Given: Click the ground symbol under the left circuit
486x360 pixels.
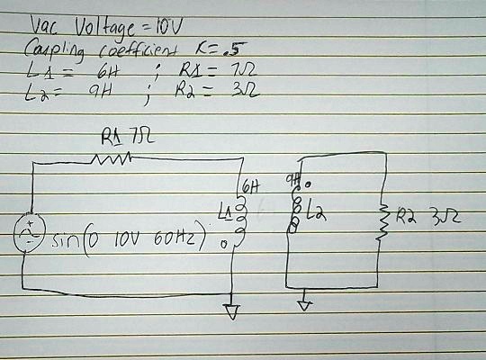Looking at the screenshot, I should click(x=233, y=311).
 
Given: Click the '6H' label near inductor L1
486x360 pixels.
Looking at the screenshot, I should click(x=251, y=189).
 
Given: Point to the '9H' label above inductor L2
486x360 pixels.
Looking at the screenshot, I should click(x=292, y=182).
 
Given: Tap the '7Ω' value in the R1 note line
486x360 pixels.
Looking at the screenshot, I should click(x=231, y=70).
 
